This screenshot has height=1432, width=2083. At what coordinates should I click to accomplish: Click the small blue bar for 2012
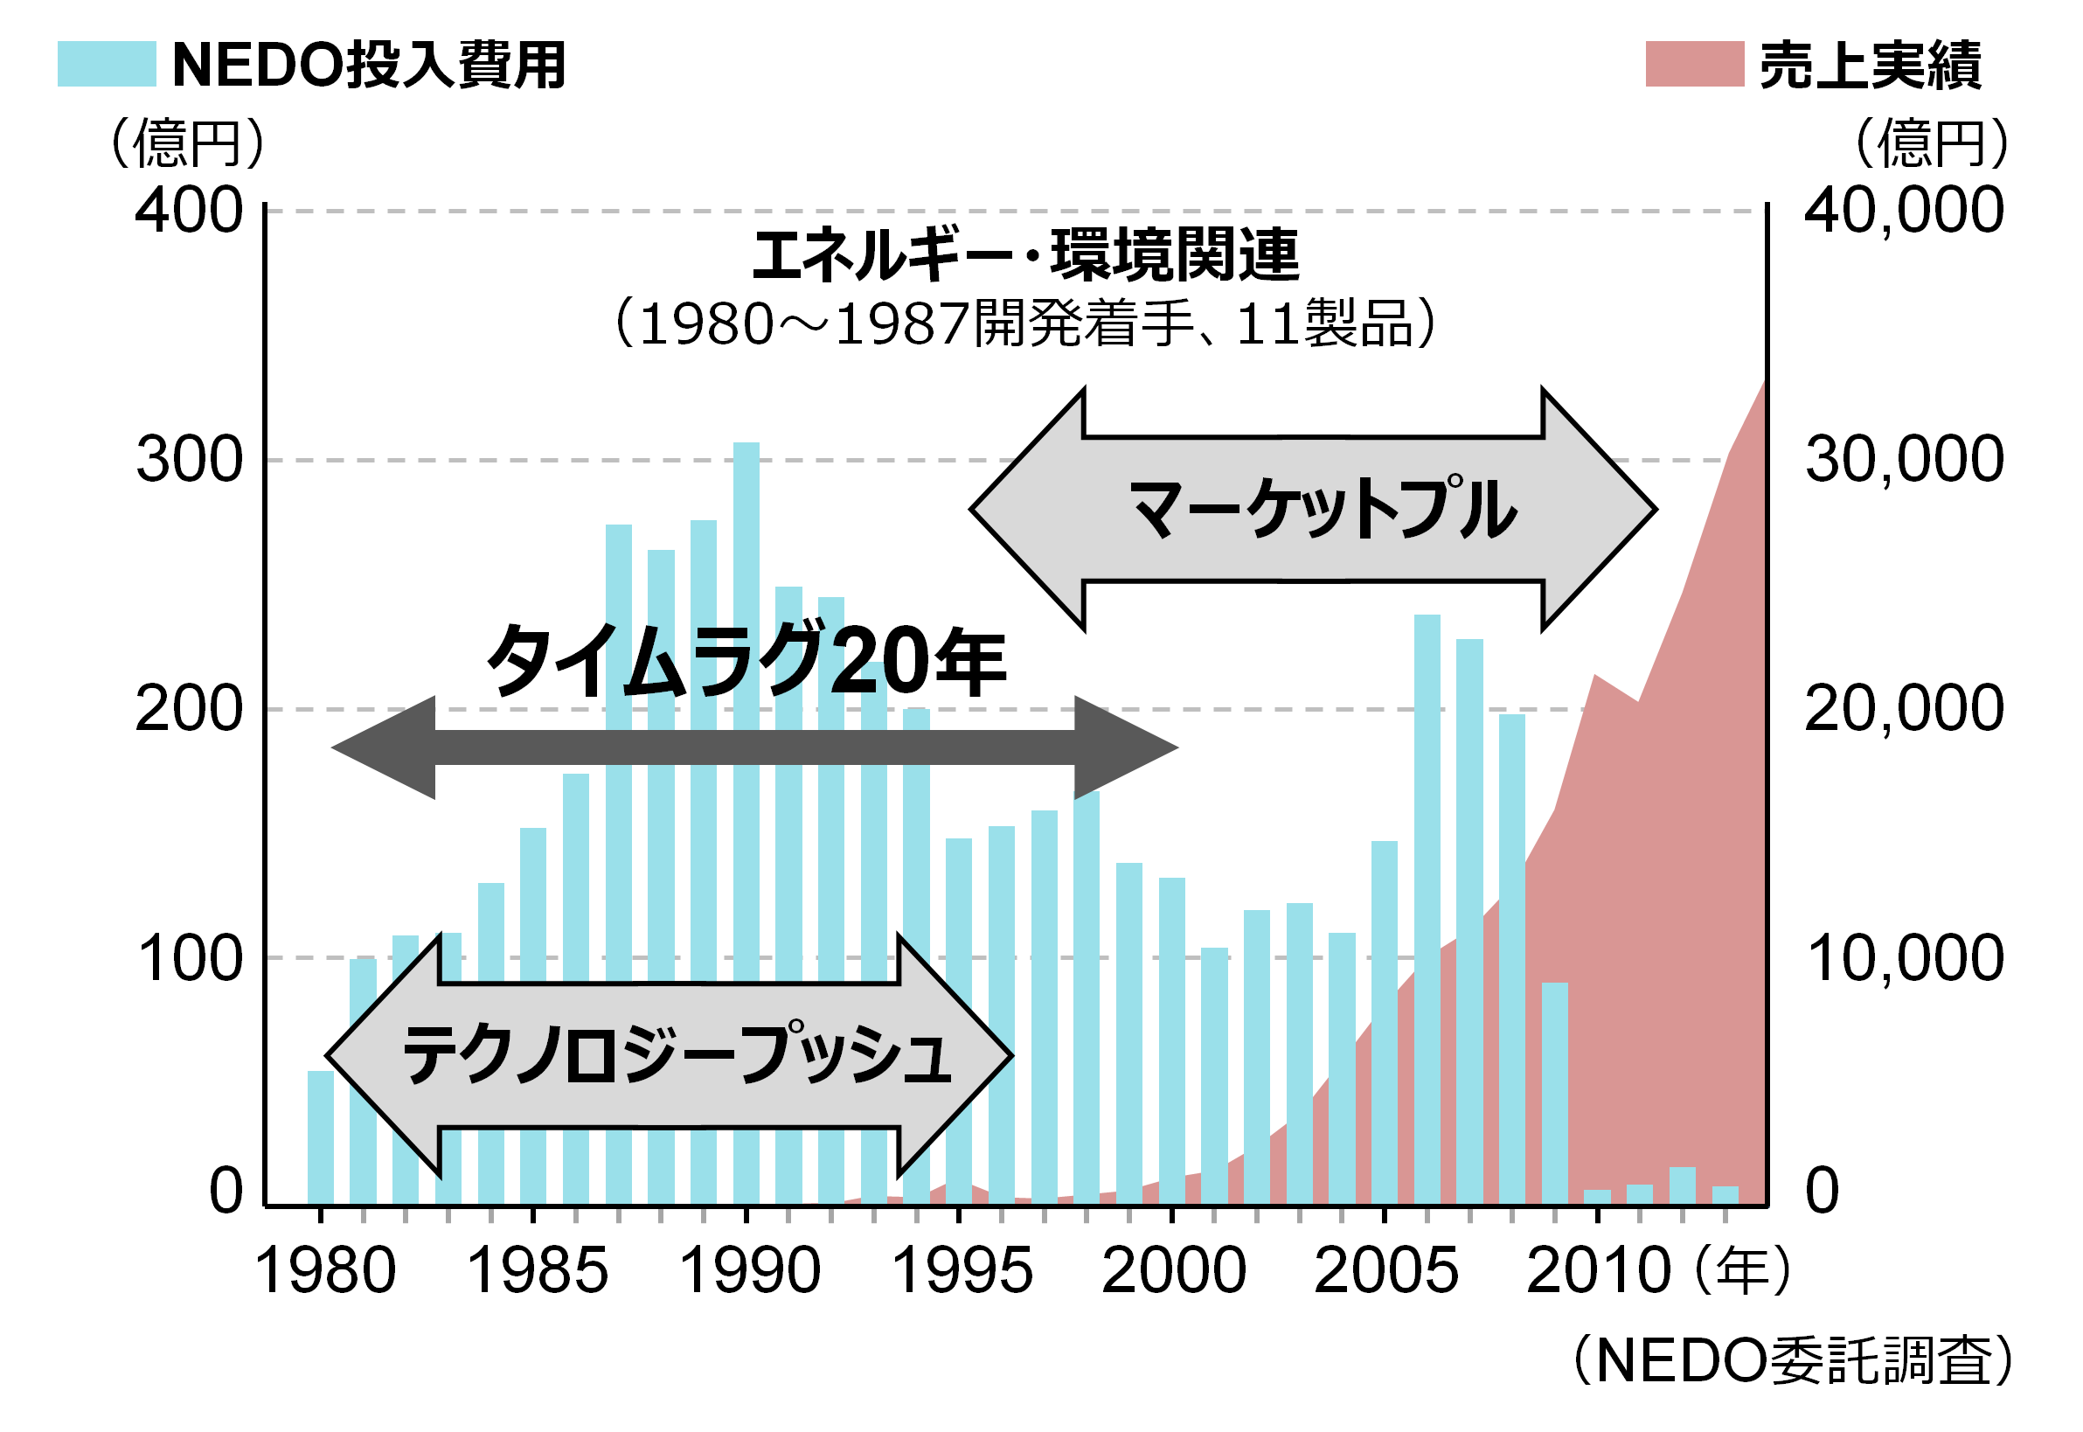pyautogui.click(x=1682, y=1185)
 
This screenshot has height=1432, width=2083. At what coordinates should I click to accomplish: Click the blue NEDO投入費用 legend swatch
pyautogui.click(x=106, y=64)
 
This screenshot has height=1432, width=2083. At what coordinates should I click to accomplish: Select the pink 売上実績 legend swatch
pyautogui.click(x=1694, y=64)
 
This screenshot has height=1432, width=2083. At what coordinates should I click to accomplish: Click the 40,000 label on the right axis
pyautogui.click(x=1904, y=211)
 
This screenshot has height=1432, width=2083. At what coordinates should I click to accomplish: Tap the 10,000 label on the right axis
pyautogui.click(x=1904, y=958)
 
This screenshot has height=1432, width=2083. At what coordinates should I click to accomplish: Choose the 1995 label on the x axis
pyautogui.click(x=962, y=1271)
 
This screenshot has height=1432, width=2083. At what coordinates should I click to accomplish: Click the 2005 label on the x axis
pyautogui.click(x=1386, y=1271)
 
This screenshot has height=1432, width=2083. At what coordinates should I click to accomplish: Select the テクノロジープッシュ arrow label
pyautogui.click(x=677, y=1055)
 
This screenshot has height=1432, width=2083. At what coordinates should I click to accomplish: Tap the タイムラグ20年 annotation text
pyautogui.click(x=746, y=662)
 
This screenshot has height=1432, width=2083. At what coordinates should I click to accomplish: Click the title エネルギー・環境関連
pyautogui.click(x=1025, y=255)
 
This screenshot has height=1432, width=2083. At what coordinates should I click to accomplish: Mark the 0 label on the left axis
pyautogui.click(x=226, y=1192)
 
